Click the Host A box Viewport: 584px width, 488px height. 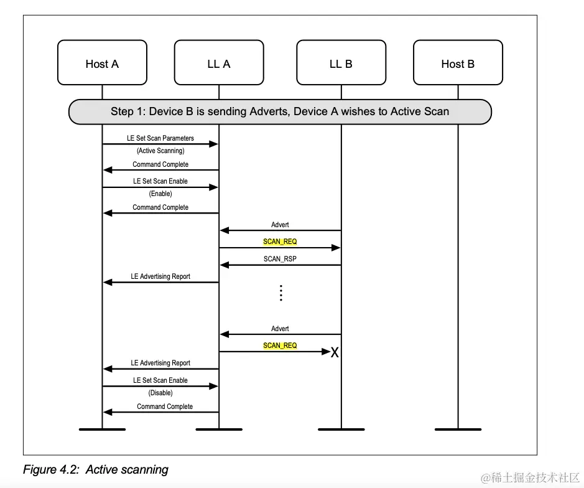click(x=102, y=63)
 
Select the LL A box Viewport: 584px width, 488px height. click(x=219, y=63)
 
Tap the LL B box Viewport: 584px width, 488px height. click(x=341, y=63)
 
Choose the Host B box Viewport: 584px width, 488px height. click(x=458, y=63)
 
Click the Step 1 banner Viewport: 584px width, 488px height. click(x=280, y=112)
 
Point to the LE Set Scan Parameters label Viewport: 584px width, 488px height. click(x=160, y=138)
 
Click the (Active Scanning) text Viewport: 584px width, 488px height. click(x=160, y=151)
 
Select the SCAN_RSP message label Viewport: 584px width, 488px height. click(x=280, y=259)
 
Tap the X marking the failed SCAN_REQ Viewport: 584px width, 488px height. click(x=335, y=353)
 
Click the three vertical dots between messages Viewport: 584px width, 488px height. click(x=281, y=293)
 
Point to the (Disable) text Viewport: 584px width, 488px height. click(x=160, y=393)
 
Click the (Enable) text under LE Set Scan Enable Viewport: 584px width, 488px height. click(x=160, y=194)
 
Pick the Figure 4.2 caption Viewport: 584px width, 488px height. click(x=95, y=469)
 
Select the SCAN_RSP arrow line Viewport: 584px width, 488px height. click(x=280, y=265)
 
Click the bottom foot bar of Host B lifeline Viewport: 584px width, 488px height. click(x=458, y=429)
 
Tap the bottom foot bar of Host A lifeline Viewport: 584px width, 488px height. click(x=102, y=429)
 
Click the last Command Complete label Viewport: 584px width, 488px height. click(x=165, y=406)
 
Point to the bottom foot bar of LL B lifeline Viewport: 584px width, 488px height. click(x=341, y=429)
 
